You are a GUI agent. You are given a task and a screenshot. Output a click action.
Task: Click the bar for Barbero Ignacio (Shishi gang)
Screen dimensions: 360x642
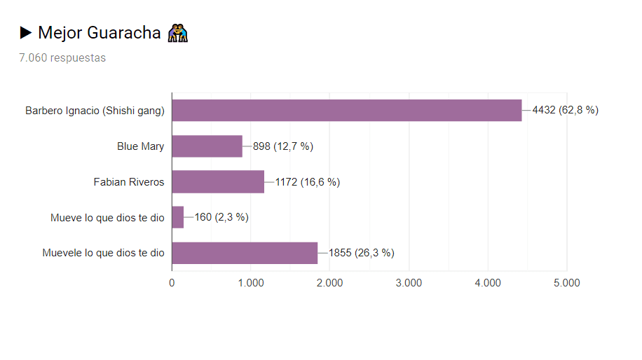click(x=346, y=110)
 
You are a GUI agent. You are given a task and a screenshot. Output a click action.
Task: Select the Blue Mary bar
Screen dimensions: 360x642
click(x=207, y=146)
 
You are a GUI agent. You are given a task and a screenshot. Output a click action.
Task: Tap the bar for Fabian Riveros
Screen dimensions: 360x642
click(x=218, y=182)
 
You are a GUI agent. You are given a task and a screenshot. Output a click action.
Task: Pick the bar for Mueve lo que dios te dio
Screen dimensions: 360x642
click(x=177, y=217)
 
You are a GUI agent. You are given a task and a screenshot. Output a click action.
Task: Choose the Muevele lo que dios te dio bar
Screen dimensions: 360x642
click(x=245, y=253)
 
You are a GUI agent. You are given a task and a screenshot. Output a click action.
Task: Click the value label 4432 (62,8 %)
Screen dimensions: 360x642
click(x=565, y=110)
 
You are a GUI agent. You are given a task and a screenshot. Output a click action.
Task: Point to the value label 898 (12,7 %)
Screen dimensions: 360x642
click(x=282, y=146)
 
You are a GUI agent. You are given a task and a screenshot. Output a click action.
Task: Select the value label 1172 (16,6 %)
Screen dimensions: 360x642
click(x=307, y=182)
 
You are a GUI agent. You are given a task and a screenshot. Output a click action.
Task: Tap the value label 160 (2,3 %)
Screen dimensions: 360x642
click(x=221, y=217)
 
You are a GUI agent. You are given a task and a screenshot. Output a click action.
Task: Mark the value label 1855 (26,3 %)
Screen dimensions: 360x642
click(x=361, y=253)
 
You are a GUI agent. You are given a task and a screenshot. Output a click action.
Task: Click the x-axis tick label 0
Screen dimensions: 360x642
click(x=172, y=283)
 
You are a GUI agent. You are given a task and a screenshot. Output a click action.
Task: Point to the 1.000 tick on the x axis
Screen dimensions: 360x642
click(x=250, y=283)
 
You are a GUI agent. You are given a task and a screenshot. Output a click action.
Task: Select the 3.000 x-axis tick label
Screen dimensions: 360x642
click(x=409, y=283)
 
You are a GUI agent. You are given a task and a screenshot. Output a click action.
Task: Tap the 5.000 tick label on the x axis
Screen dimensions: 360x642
click(x=566, y=283)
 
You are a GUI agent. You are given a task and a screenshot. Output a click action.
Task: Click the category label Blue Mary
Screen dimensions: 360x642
click(x=140, y=146)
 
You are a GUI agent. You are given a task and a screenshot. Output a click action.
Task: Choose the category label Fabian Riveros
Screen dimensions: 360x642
click(x=129, y=182)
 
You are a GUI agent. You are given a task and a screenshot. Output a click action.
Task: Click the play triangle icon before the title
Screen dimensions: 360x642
click(x=26, y=32)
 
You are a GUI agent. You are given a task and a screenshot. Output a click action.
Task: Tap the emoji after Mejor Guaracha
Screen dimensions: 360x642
click(x=178, y=32)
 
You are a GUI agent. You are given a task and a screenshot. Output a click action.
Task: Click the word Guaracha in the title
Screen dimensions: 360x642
click(x=124, y=33)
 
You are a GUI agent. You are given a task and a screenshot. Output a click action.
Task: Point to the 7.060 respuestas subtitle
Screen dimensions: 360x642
click(x=62, y=58)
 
